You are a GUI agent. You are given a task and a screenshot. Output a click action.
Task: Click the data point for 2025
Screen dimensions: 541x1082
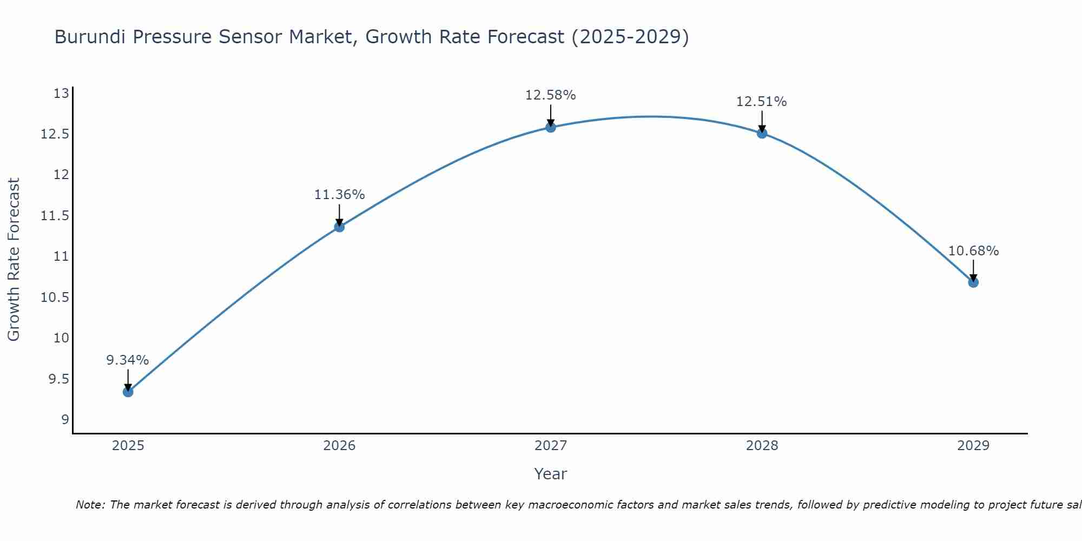pos(128,392)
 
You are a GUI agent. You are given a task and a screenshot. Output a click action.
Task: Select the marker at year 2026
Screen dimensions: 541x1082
pos(339,227)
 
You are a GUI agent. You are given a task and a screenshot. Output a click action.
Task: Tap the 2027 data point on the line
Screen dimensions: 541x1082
pos(551,127)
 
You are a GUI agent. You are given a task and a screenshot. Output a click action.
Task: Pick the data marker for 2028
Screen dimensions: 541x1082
pos(762,133)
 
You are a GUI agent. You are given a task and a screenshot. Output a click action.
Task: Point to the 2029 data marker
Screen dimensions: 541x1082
pos(973,282)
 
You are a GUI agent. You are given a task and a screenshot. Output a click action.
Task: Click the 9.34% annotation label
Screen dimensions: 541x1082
pos(128,360)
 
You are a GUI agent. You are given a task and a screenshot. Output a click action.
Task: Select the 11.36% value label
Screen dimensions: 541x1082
pos(339,195)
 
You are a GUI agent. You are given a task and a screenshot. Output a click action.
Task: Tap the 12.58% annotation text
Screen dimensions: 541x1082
pos(551,95)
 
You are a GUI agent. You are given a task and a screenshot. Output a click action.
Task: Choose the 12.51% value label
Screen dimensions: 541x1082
pos(762,102)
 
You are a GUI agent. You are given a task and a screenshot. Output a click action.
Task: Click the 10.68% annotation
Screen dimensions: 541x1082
pos(973,251)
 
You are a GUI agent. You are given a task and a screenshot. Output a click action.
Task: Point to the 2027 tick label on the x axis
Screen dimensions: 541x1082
pos(551,446)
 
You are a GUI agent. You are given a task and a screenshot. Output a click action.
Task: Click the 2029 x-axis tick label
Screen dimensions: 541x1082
pos(973,446)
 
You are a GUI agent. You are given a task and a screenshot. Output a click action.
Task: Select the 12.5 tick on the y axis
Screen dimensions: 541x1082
pos(55,134)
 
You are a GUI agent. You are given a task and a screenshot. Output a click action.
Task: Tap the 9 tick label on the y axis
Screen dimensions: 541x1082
pos(65,419)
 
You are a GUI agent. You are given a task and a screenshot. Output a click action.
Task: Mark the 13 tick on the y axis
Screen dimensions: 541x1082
pos(61,94)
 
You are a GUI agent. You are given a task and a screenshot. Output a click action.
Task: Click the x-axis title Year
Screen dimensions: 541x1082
pos(551,474)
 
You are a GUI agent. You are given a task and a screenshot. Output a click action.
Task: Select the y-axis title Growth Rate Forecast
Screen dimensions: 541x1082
pos(14,260)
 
